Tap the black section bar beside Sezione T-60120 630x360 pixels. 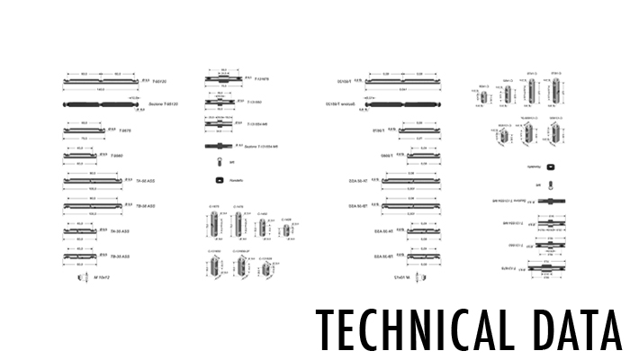[96, 104]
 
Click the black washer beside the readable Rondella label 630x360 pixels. [218, 180]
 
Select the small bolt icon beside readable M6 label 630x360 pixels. [219, 162]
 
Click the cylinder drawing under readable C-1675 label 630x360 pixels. [214, 223]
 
